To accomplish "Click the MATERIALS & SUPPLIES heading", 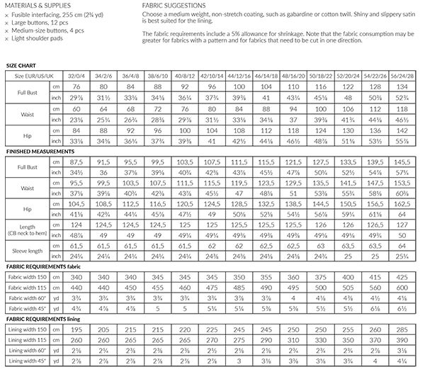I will (x=35, y=4).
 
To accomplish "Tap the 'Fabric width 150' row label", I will (x=28, y=278).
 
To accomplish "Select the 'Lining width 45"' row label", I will (x=28, y=363).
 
